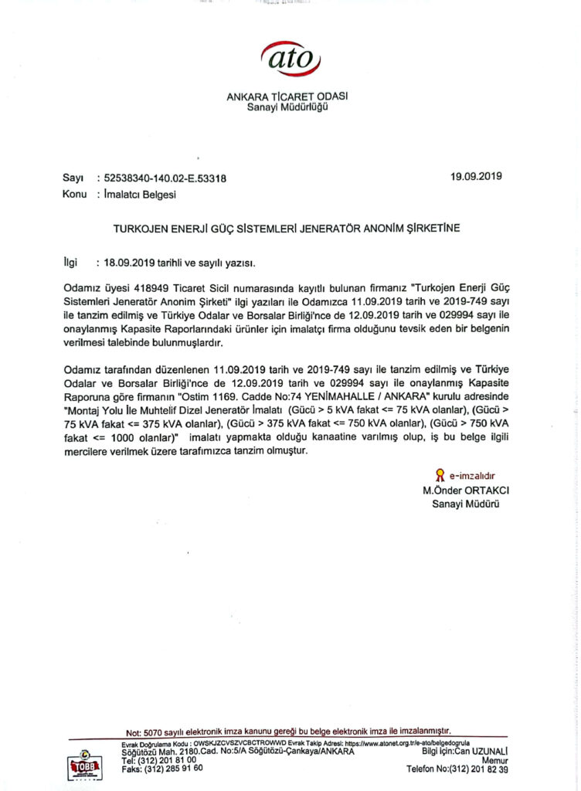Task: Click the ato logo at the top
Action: coord(290,59)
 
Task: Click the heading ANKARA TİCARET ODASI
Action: coord(287,97)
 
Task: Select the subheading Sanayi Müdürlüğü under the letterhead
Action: coord(287,107)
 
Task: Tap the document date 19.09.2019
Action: coord(477,176)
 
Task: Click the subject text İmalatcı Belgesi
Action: coord(140,195)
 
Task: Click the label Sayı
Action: coord(73,178)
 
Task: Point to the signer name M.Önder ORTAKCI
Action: coord(466,491)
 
